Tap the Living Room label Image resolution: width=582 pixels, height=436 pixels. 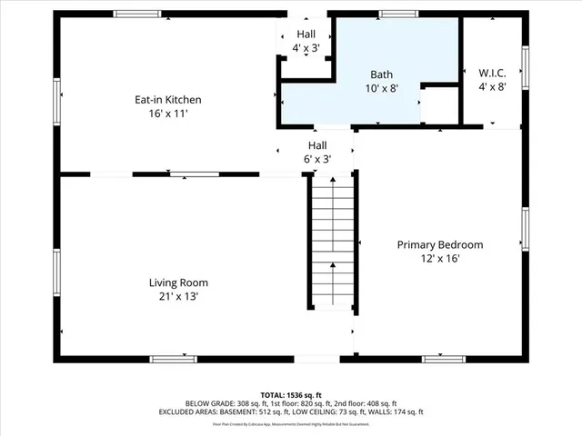point(178,282)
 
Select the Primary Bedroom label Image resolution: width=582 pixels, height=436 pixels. point(440,245)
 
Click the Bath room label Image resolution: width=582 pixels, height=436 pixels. point(382,74)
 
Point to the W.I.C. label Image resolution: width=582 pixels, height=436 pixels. point(492,73)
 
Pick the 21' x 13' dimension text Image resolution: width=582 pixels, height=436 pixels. point(178,296)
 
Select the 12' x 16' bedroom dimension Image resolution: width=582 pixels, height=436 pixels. point(440,259)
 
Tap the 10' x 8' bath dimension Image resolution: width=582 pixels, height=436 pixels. point(382,88)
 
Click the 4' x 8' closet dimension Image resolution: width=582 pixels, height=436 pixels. point(492,86)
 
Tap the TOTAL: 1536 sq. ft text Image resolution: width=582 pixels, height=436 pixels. point(291,395)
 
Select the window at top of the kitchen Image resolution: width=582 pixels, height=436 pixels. point(137,14)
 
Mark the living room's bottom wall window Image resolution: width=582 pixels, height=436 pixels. point(173,360)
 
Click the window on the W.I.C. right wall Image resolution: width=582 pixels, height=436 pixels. point(525,67)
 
